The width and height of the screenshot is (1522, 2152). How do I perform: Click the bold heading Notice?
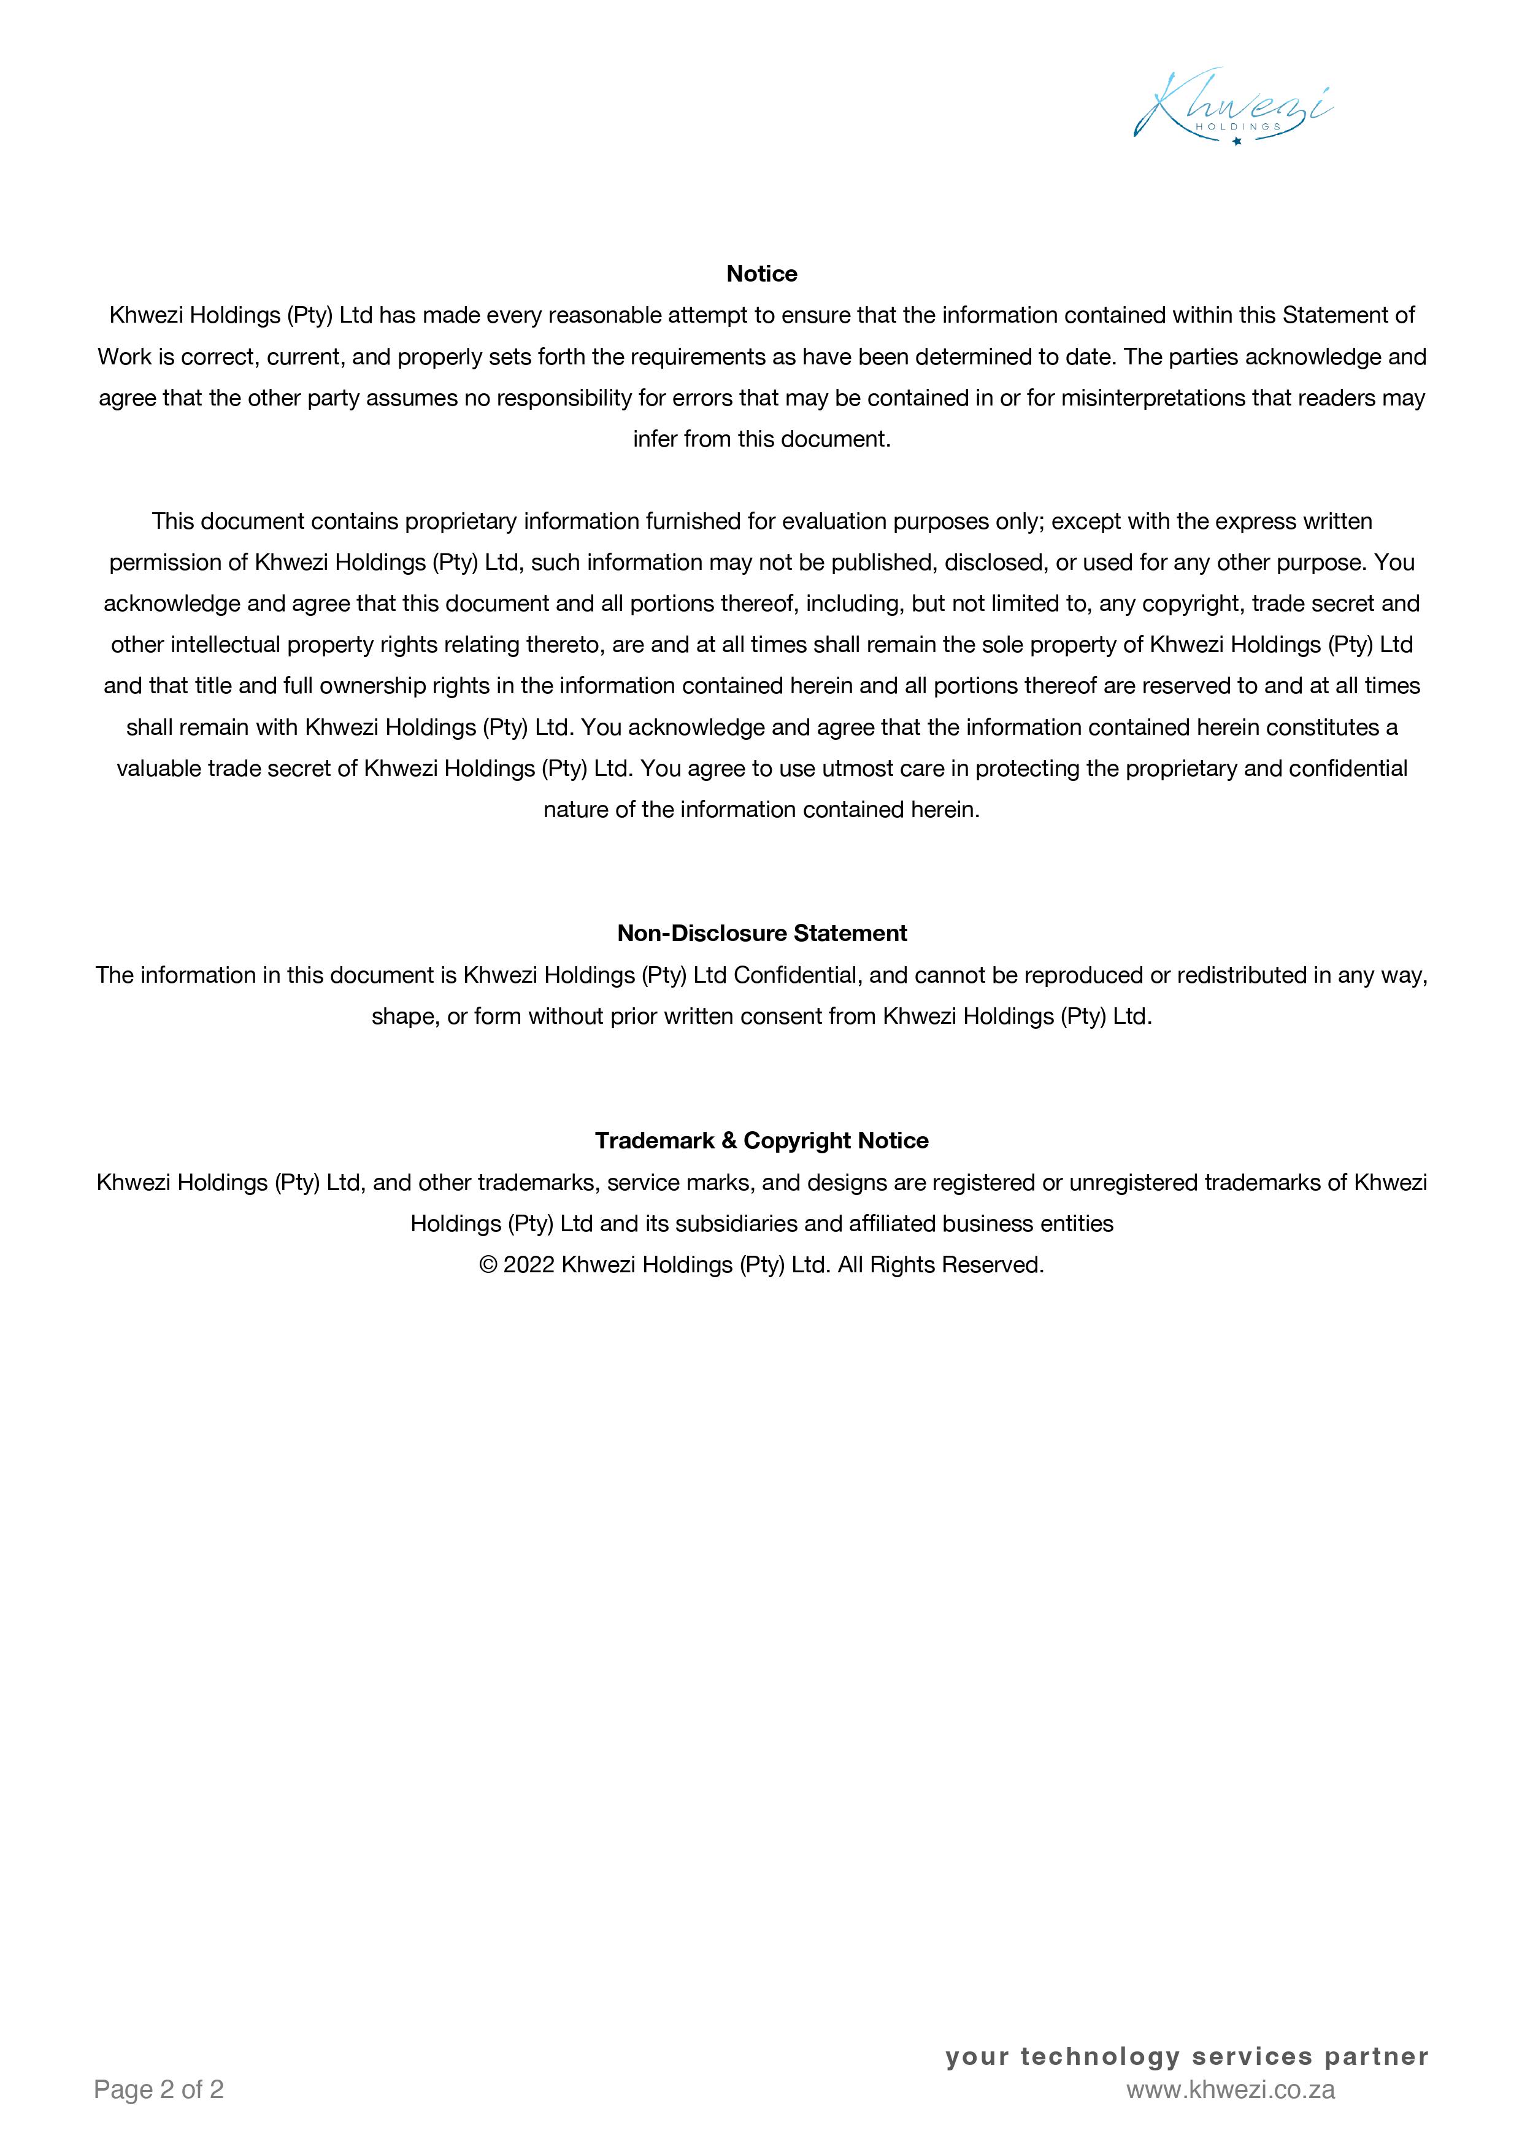pos(761,274)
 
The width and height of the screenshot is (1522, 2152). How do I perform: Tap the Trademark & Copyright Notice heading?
pos(761,1140)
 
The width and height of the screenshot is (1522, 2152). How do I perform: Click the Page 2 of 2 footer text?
pos(158,2089)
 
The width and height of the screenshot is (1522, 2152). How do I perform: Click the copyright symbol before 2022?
pos(487,1266)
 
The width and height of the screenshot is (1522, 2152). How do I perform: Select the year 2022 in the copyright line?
pos(529,1266)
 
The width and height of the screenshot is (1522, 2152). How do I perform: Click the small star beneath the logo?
pos(1236,142)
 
